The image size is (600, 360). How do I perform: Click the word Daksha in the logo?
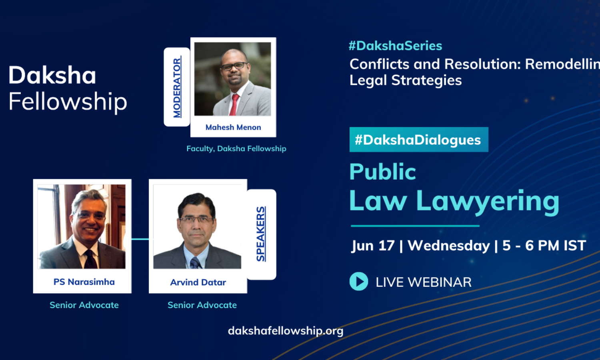(x=52, y=75)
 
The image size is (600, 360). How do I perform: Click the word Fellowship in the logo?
(x=68, y=102)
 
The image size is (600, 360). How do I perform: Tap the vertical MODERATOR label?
(x=177, y=88)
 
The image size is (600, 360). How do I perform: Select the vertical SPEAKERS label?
(x=261, y=234)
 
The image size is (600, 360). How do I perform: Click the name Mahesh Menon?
(x=233, y=127)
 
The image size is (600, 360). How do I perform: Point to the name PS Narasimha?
(x=84, y=282)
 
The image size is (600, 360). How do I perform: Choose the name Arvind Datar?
(x=198, y=282)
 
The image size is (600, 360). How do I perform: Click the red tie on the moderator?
(x=234, y=105)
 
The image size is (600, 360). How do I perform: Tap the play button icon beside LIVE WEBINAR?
(x=359, y=281)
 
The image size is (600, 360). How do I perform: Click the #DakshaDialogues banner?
(x=419, y=140)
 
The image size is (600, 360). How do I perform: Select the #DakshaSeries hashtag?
(x=395, y=46)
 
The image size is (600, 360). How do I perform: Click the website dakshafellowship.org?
(x=286, y=331)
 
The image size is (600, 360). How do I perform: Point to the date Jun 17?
(x=373, y=246)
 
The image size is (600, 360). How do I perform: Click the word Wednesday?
(x=449, y=246)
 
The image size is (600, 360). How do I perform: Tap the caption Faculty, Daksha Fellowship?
(x=236, y=149)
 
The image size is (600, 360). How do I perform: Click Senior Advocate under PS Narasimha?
(x=84, y=305)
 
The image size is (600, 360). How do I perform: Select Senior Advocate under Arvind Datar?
(x=202, y=305)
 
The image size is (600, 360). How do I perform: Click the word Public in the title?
(x=383, y=172)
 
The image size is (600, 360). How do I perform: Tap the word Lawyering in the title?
(x=488, y=202)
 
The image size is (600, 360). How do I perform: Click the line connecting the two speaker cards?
(x=140, y=239)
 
